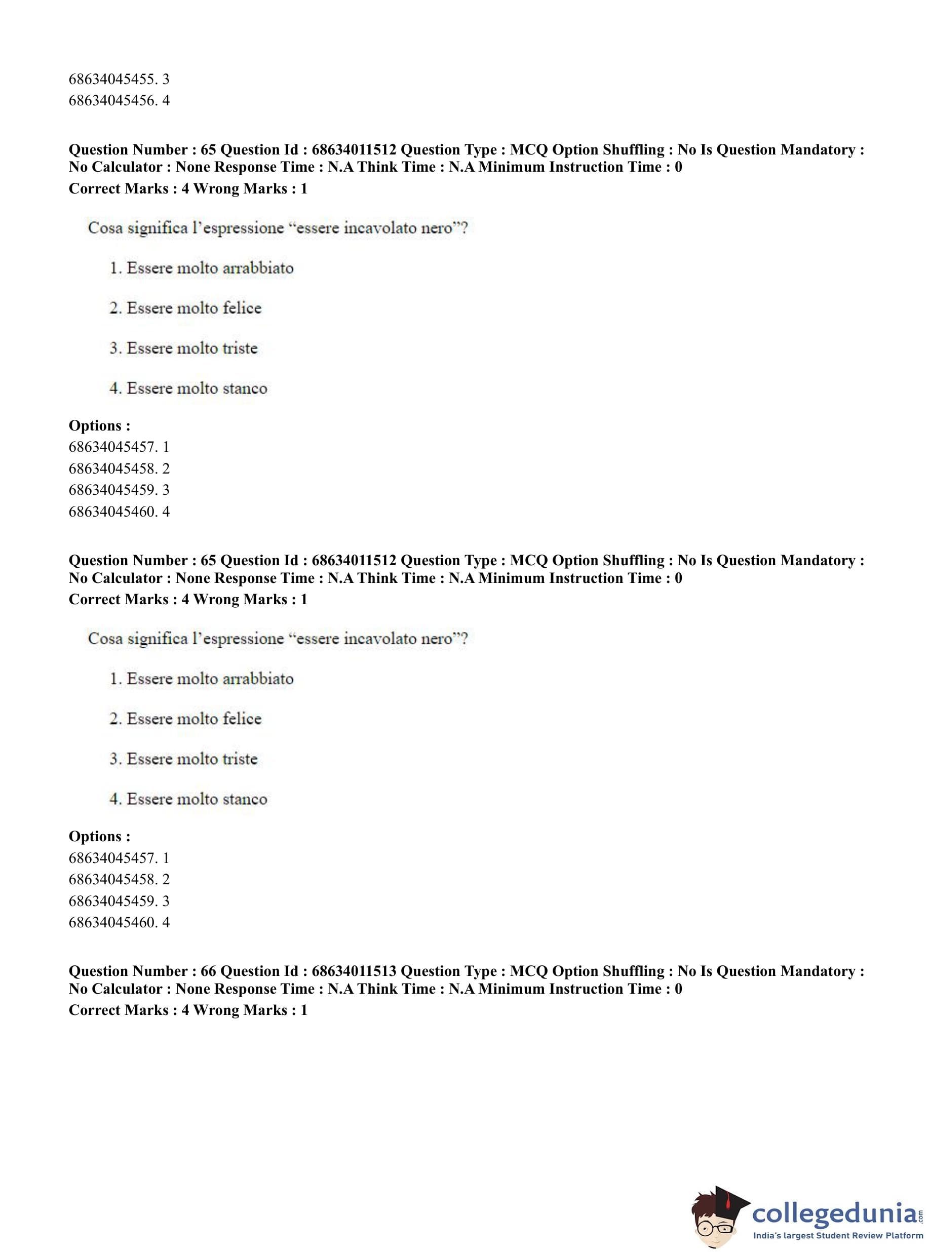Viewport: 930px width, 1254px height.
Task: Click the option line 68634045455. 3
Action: coord(119,79)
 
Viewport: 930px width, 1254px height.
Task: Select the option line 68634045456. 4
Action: coord(119,101)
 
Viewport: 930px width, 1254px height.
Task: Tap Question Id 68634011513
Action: coord(354,971)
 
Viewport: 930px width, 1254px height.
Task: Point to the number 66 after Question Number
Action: coord(208,971)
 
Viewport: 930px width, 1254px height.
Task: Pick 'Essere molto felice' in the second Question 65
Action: coord(193,719)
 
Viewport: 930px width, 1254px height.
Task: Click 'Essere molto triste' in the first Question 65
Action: coord(191,348)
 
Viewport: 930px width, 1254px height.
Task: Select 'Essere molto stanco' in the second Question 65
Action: coord(197,799)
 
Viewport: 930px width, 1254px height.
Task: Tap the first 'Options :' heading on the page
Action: coord(100,425)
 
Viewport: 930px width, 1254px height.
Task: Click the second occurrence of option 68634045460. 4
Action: coord(119,922)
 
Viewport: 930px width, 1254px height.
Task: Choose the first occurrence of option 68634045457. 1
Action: coord(119,447)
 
